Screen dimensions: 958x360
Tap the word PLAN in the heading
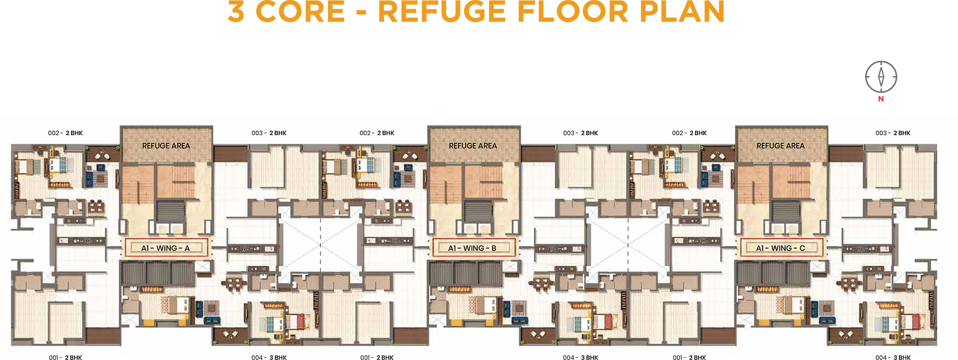[682, 11]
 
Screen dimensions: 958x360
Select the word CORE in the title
[300, 11]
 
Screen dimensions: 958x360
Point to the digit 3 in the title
[236, 11]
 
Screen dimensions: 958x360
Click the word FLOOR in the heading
[573, 11]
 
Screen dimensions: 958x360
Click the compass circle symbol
[881, 77]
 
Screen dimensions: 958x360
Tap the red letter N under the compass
[881, 99]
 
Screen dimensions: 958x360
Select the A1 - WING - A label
[166, 248]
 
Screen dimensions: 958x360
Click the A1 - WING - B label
[472, 248]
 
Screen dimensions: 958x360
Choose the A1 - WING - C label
[781, 248]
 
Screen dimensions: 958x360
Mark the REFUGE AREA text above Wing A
[166, 146]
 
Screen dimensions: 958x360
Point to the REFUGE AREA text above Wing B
[473, 146]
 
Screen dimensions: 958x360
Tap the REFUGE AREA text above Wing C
[781, 146]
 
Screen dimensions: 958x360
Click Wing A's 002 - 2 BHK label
[65, 133]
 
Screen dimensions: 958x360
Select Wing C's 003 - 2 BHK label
[893, 133]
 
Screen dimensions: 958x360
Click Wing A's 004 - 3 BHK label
[269, 357]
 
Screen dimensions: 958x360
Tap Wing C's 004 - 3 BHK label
[893, 357]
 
